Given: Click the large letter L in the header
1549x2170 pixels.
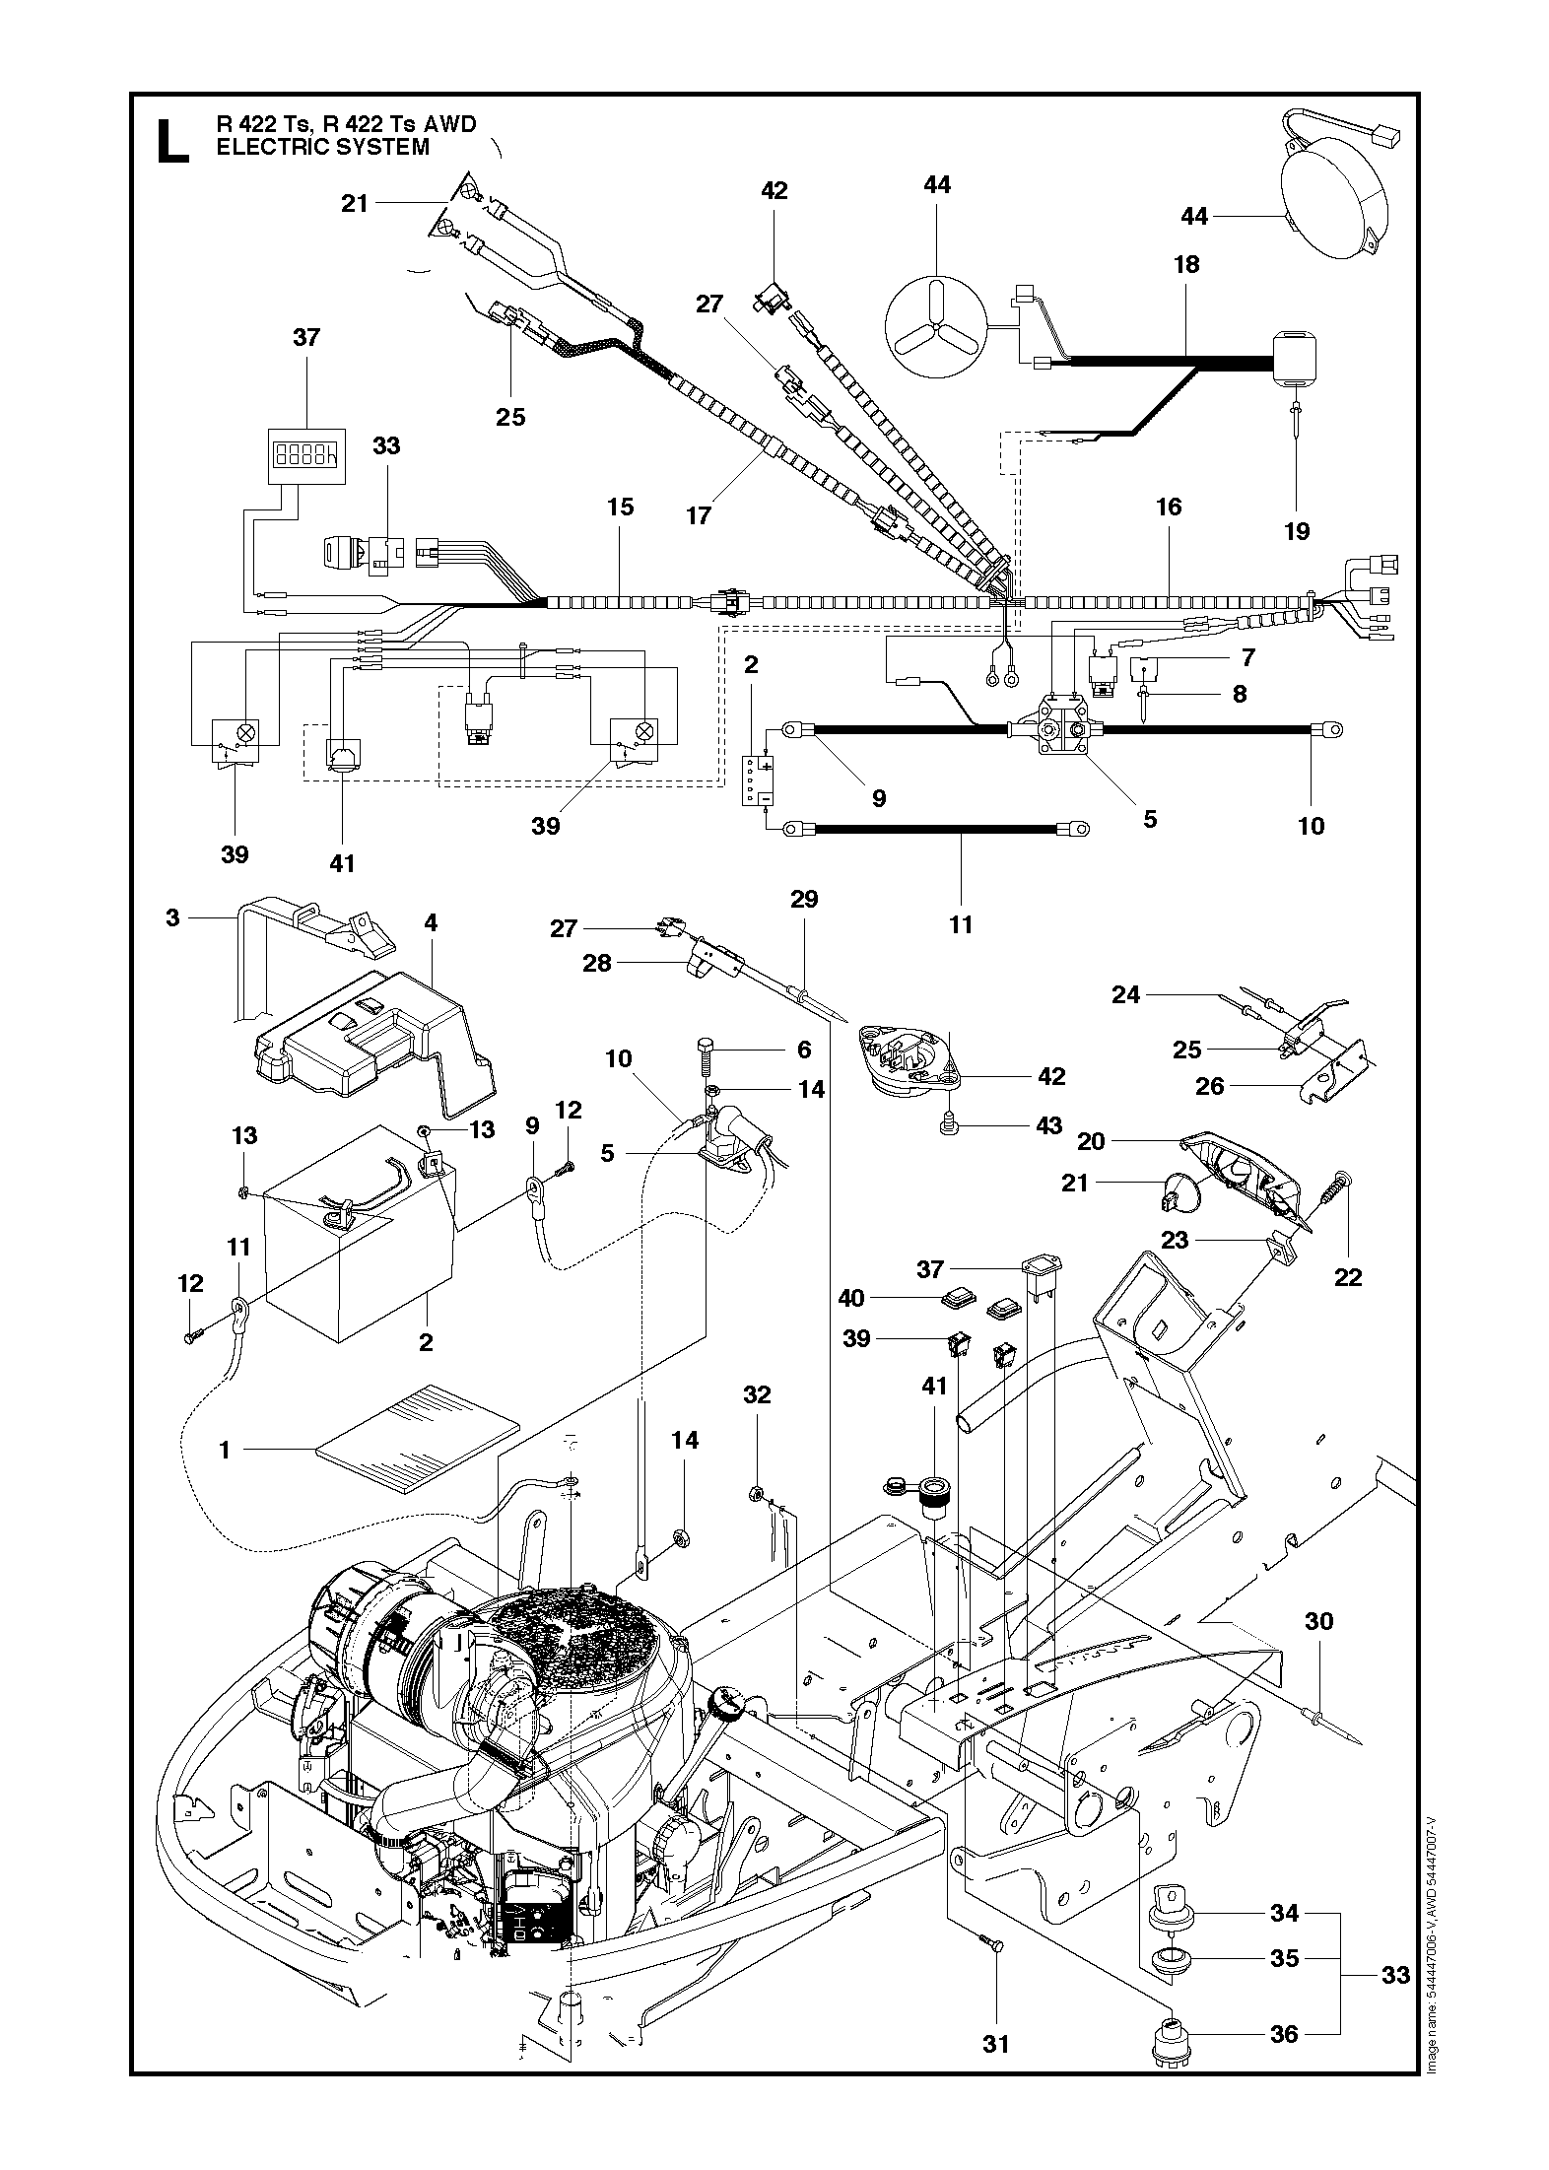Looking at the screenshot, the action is click(x=171, y=141).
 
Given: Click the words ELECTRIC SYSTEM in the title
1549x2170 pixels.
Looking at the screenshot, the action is click(x=323, y=148).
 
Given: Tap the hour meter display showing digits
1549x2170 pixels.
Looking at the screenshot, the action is click(x=306, y=454).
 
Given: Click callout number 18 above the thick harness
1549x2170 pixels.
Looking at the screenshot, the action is click(x=1186, y=265).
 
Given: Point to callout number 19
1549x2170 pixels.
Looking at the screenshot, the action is click(x=1297, y=531).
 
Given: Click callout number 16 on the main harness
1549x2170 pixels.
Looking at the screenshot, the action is click(x=1169, y=508).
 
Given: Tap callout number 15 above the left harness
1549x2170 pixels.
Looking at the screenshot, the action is click(x=620, y=508).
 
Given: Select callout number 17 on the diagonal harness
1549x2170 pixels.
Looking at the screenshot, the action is click(x=699, y=515).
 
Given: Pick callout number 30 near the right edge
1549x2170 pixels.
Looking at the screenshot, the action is click(x=1318, y=1621).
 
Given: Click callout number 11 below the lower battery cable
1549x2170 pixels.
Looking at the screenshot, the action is click(x=961, y=924).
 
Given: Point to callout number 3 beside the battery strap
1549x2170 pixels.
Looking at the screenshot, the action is click(x=172, y=917).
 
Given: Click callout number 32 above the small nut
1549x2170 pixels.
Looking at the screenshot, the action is click(x=757, y=1394).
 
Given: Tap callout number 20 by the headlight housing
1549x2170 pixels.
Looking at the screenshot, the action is click(x=1091, y=1141).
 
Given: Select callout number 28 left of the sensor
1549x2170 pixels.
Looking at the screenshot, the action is click(x=597, y=963).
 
